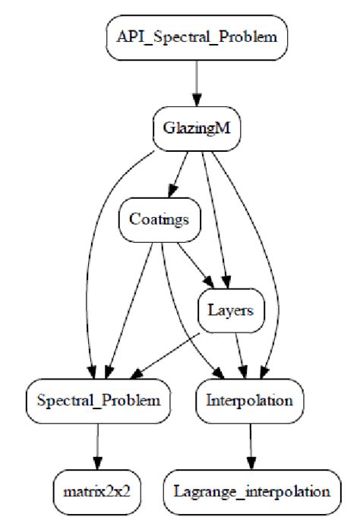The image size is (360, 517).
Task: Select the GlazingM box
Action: click(197, 126)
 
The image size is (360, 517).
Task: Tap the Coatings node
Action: click(159, 221)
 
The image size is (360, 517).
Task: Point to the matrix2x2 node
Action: click(96, 490)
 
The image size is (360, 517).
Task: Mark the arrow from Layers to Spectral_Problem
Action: click(167, 352)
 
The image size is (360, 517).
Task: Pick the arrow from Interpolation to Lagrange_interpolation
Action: click(251, 444)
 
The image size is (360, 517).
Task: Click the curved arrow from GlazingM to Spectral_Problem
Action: click(95, 251)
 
